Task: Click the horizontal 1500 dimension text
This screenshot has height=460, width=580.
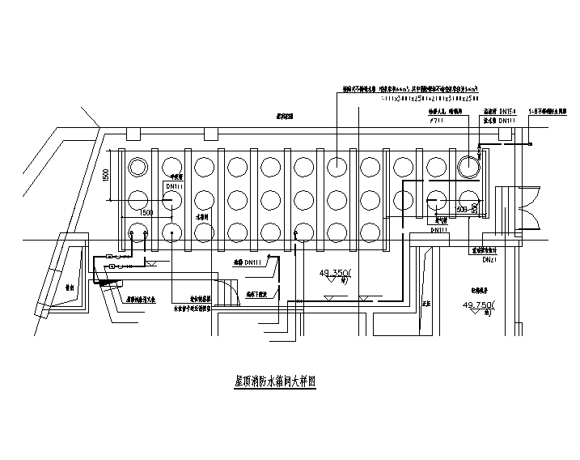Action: click(x=146, y=212)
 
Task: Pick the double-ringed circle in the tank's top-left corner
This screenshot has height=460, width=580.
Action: click(x=137, y=167)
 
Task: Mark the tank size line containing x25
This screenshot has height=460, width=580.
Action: click(x=381, y=100)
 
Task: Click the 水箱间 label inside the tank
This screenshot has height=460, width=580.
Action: click(x=202, y=219)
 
